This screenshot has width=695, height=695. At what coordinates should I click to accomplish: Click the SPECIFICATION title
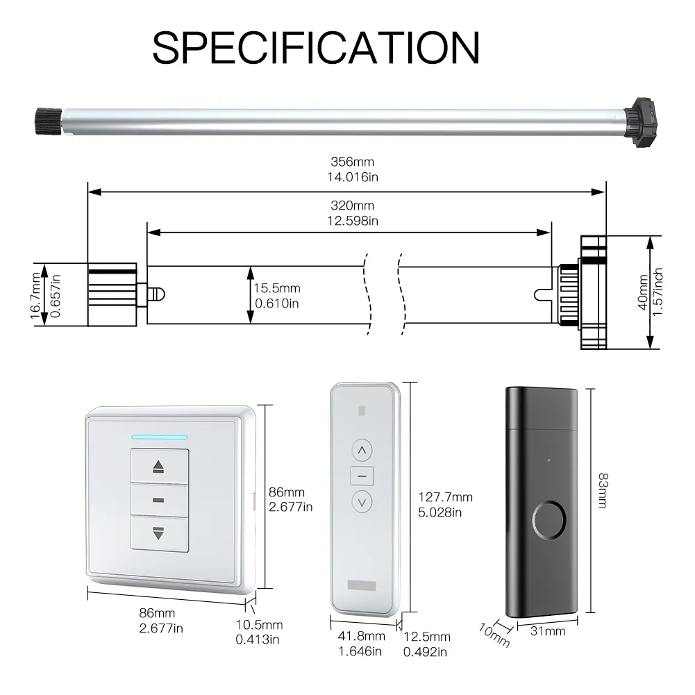pyautogui.click(x=316, y=48)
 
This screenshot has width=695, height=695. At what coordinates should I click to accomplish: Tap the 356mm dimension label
pyautogui.click(x=353, y=162)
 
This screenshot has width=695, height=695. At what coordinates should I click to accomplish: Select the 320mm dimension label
pyautogui.click(x=353, y=206)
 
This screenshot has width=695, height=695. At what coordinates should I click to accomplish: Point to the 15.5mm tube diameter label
pyautogui.click(x=277, y=288)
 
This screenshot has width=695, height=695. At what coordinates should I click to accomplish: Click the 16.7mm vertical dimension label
pyautogui.click(x=36, y=296)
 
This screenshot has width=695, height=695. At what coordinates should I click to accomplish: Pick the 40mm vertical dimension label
pyautogui.click(x=643, y=292)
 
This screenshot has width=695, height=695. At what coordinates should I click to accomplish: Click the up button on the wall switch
pyautogui.click(x=159, y=466)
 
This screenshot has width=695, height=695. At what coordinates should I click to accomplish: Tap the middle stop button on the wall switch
pyautogui.click(x=159, y=500)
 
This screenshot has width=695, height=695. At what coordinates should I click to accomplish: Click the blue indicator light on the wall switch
pyautogui.click(x=159, y=437)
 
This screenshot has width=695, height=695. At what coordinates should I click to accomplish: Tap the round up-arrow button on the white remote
pyautogui.click(x=362, y=451)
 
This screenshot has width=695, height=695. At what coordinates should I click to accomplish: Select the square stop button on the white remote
pyautogui.click(x=362, y=476)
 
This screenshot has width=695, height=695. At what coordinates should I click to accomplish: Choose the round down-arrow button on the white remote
pyautogui.click(x=362, y=502)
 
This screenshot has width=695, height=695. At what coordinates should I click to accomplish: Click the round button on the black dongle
pyautogui.click(x=549, y=520)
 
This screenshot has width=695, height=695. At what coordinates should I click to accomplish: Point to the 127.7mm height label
pyautogui.click(x=446, y=497)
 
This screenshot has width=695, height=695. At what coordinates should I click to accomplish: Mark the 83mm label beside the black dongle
pyautogui.click(x=603, y=490)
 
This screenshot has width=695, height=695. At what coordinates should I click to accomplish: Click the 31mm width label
pyautogui.click(x=548, y=631)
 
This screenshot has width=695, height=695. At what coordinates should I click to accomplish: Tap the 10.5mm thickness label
pyautogui.click(x=259, y=625)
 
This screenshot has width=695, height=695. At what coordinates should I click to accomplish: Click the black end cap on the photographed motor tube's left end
pyautogui.click(x=49, y=121)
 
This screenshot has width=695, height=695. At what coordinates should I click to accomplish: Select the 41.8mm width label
pyautogui.click(x=361, y=637)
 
